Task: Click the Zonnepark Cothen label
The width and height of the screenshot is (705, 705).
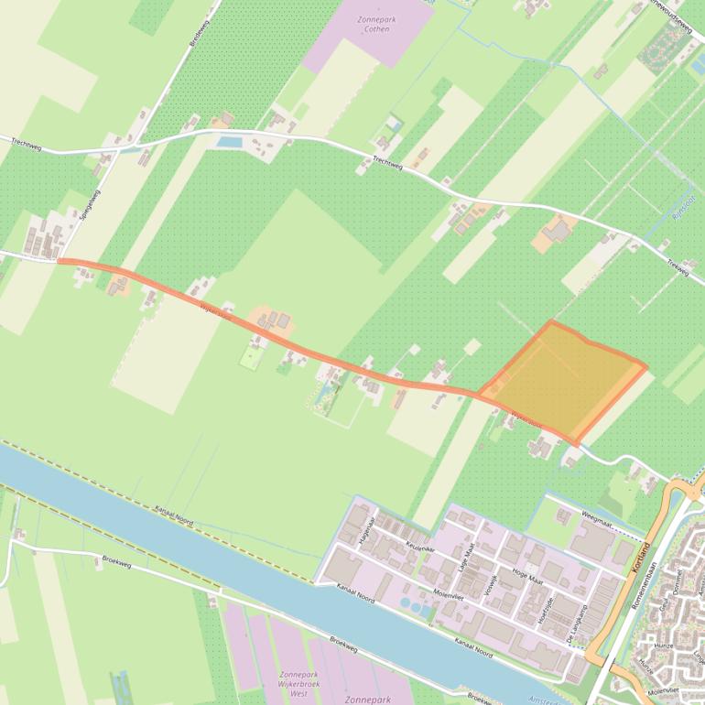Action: (x=375, y=24)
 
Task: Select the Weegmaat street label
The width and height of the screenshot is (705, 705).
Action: (x=596, y=518)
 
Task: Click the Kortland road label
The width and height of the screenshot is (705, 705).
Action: (x=640, y=558)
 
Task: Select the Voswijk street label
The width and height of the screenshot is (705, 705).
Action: (x=493, y=583)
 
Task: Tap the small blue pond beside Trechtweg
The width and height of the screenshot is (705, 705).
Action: (x=229, y=142)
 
